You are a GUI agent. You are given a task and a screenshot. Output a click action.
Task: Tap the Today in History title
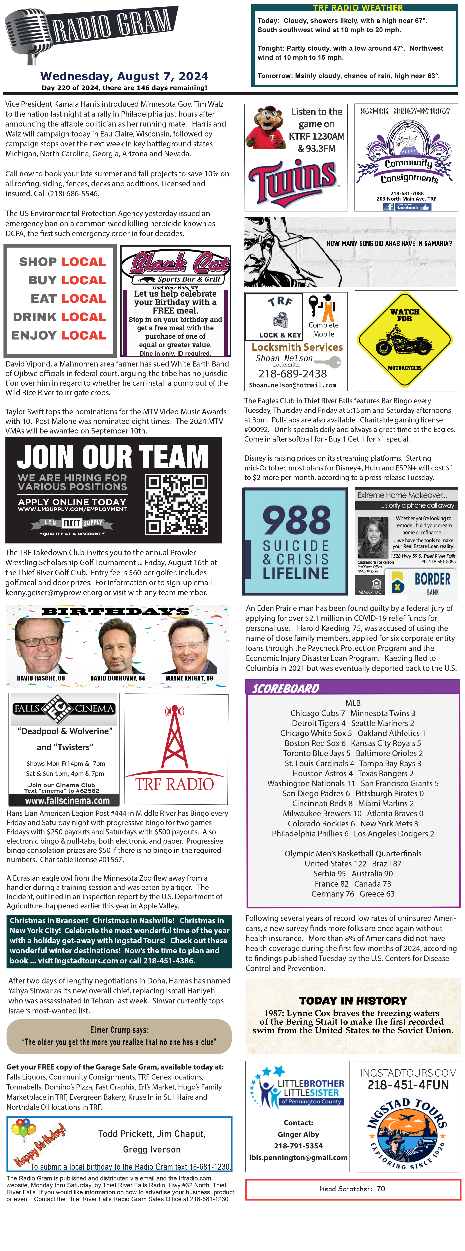(353, 1000)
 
